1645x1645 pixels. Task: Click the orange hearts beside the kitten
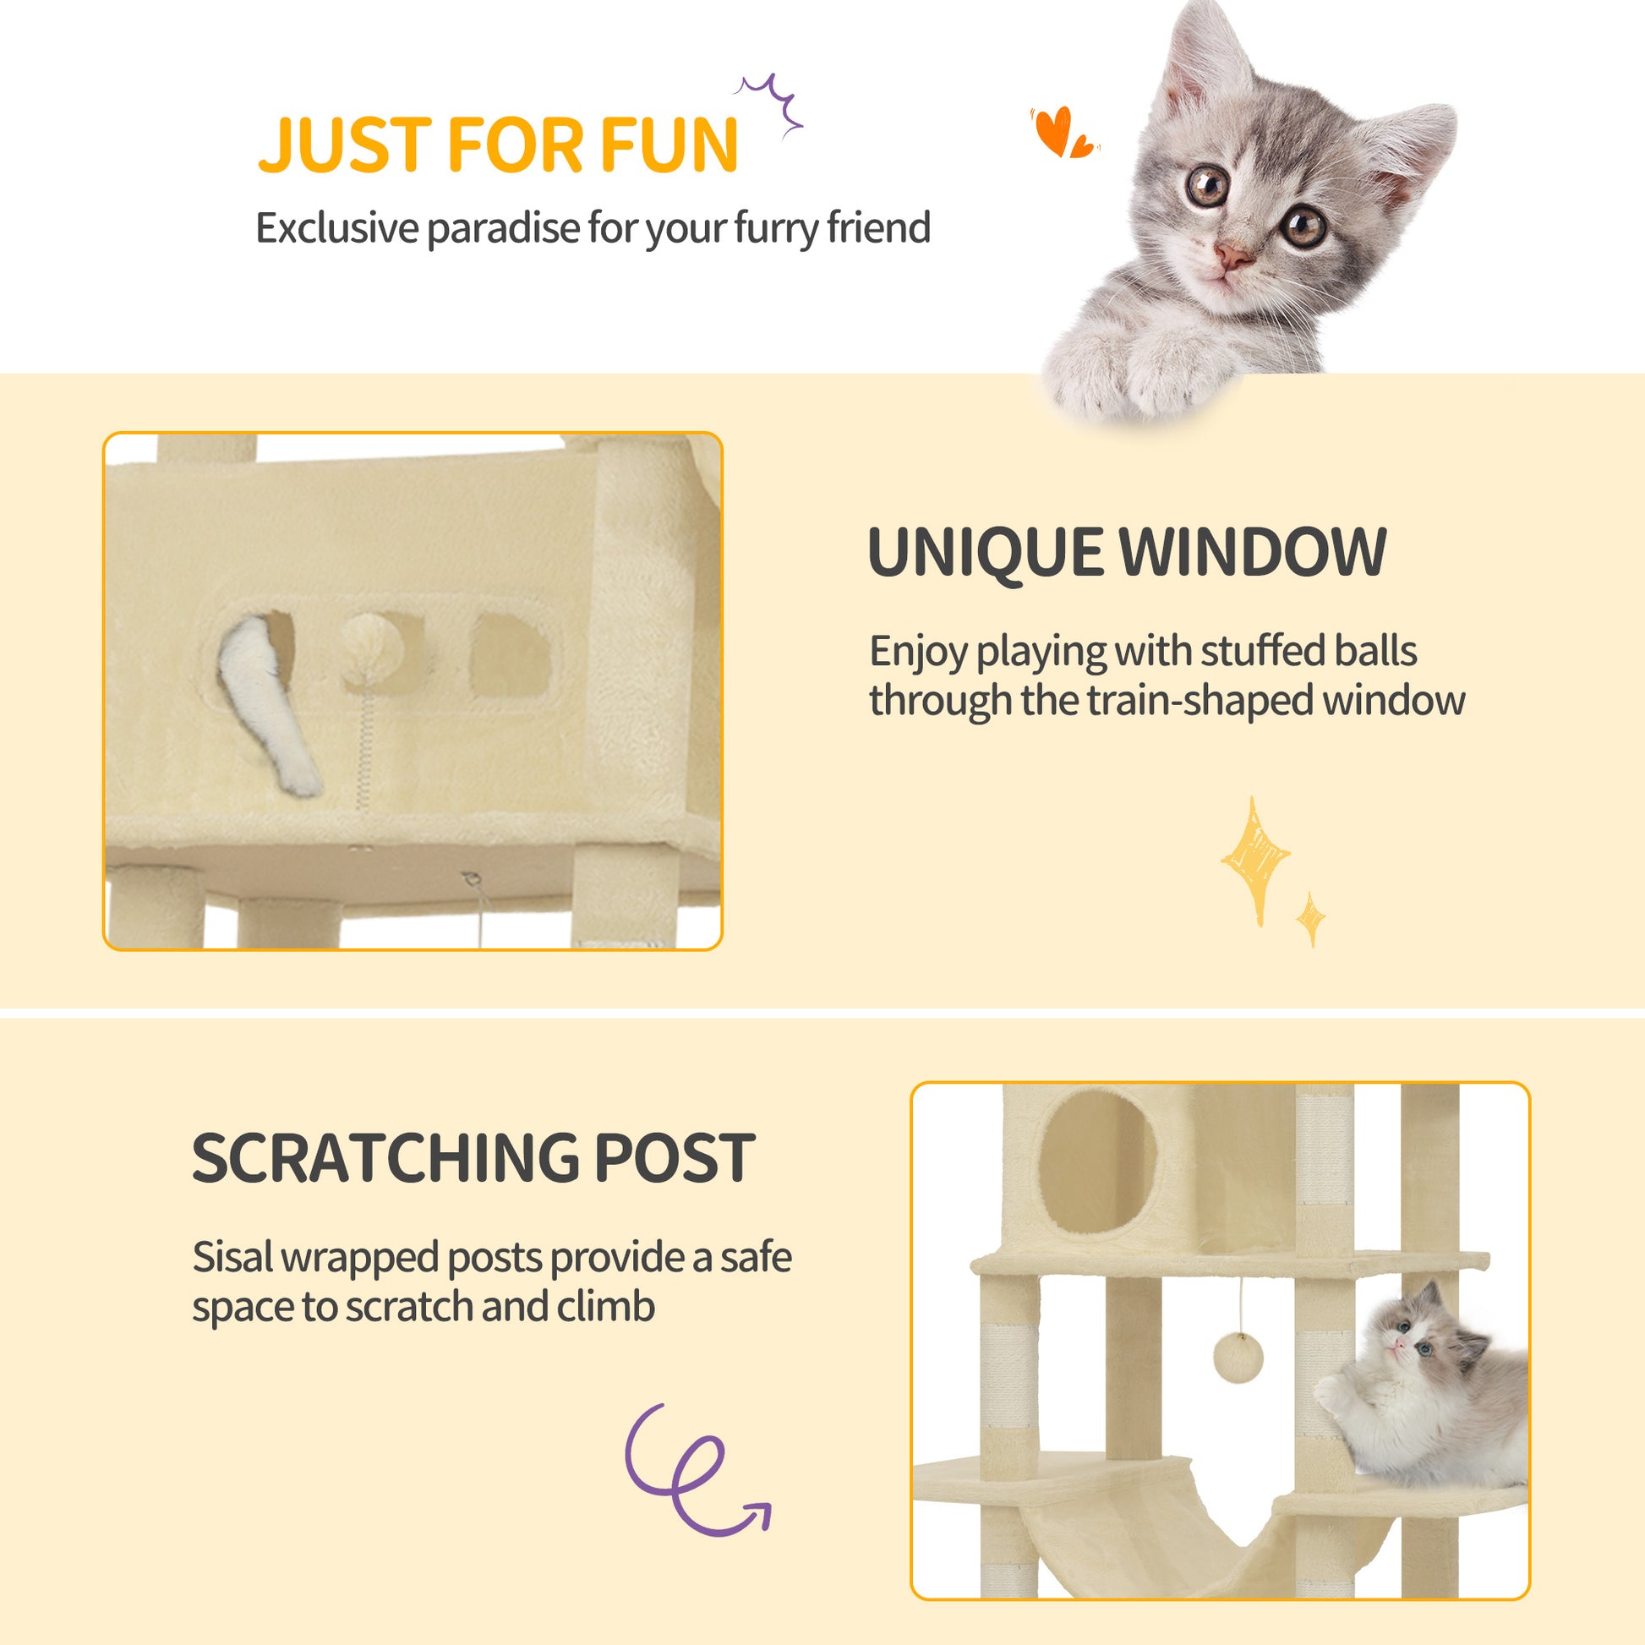point(1063,132)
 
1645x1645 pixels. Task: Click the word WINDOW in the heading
point(1253,552)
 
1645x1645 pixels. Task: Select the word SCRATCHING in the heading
point(385,1158)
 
